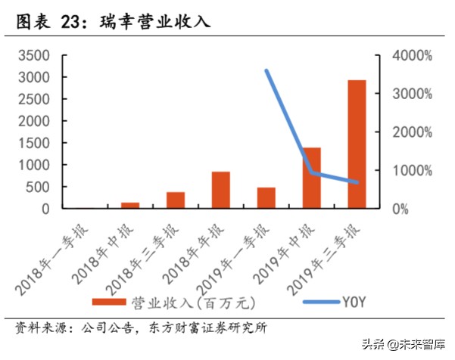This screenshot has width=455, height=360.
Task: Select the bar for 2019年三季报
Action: pyautogui.click(x=357, y=144)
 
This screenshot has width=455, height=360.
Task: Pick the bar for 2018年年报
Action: pyautogui.click(x=221, y=190)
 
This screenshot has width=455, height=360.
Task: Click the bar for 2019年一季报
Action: pyautogui.click(x=266, y=197)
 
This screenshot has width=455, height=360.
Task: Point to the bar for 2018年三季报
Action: pyautogui.click(x=176, y=200)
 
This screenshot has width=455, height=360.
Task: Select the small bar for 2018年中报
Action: pyautogui.click(x=130, y=205)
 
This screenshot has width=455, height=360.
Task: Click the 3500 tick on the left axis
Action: pyautogui.click(x=33, y=56)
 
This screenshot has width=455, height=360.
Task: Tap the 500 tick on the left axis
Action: pyautogui.click(x=38, y=187)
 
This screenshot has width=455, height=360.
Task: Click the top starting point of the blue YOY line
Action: pyautogui.click(x=266, y=70)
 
